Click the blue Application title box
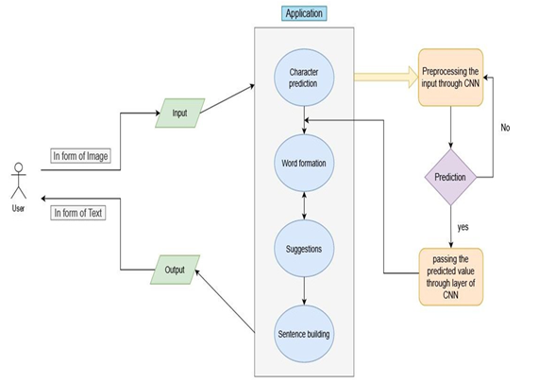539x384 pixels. click(304, 13)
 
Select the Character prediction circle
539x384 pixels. click(304, 78)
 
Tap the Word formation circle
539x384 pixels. click(304, 163)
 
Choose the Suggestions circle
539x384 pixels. click(304, 249)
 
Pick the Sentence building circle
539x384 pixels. click(304, 334)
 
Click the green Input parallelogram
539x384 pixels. click(179, 113)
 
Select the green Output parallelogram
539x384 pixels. click(175, 270)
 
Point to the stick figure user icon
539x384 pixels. click(19, 181)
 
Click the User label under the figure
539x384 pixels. click(18, 208)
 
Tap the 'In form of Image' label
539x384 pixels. click(80, 156)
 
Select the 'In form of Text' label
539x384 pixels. click(78, 213)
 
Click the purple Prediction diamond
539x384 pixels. click(450, 177)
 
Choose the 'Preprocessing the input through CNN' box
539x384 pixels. click(450, 78)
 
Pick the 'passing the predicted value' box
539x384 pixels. click(450, 276)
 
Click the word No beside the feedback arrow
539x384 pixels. click(505, 128)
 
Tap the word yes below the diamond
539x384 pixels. click(463, 227)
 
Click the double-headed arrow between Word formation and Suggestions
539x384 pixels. click(304, 206)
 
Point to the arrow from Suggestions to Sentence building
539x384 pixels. click(304, 291)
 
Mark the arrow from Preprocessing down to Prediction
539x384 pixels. click(451, 128)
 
